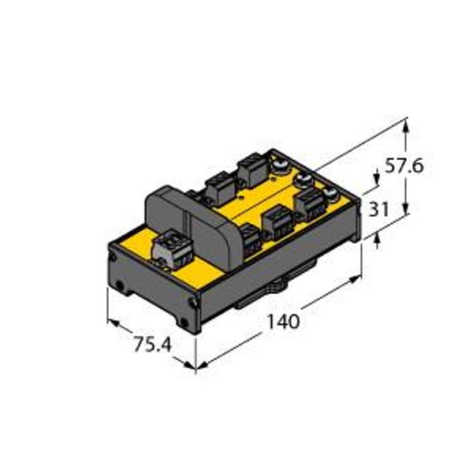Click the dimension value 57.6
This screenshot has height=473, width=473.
404,166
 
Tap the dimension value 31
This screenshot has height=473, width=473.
379,209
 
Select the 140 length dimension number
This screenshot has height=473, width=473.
284,322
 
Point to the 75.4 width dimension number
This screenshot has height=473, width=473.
153,345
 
